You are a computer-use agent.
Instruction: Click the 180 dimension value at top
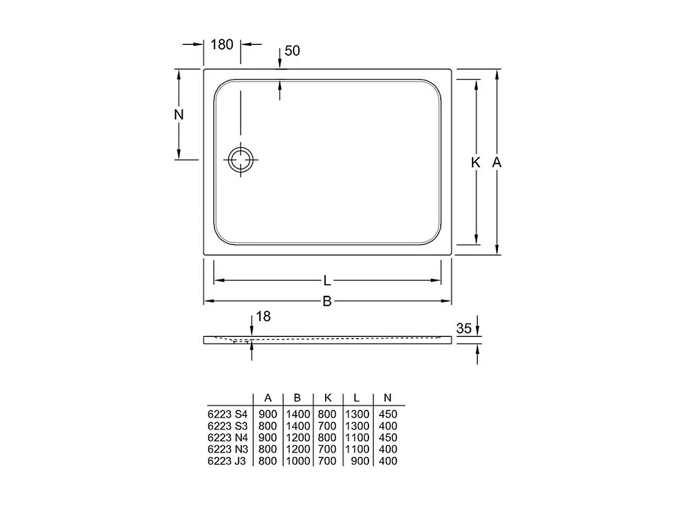click(x=222, y=44)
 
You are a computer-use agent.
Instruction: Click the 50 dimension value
click(x=293, y=51)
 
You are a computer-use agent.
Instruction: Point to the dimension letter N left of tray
click(x=179, y=115)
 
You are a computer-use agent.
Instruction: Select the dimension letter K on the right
click(x=476, y=163)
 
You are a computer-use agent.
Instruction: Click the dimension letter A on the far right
click(x=496, y=163)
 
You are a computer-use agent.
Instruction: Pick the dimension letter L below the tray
click(x=327, y=280)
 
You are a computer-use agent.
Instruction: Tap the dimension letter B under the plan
click(x=327, y=302)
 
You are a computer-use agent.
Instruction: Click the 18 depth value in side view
click(x=263, y=317)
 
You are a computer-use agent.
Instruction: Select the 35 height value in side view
click(x=464, y=329)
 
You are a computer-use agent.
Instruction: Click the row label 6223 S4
click(x=227, y=414)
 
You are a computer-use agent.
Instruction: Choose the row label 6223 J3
click(x=227, y=461)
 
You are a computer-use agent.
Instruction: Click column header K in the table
click(x=328, y=398)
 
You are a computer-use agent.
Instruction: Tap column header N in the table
click(x=387, y=398)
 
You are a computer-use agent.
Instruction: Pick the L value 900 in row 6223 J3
click(x=360, y=461)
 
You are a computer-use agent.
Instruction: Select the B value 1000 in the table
click(x=298, y=461)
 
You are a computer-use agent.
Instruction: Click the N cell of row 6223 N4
click(x=387, y=437)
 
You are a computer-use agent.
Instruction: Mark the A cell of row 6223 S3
click(x=268, y=426)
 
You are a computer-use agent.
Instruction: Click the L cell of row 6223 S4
click(x=357, y=414)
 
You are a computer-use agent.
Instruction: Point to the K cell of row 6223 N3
click(x=327, y=449)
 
